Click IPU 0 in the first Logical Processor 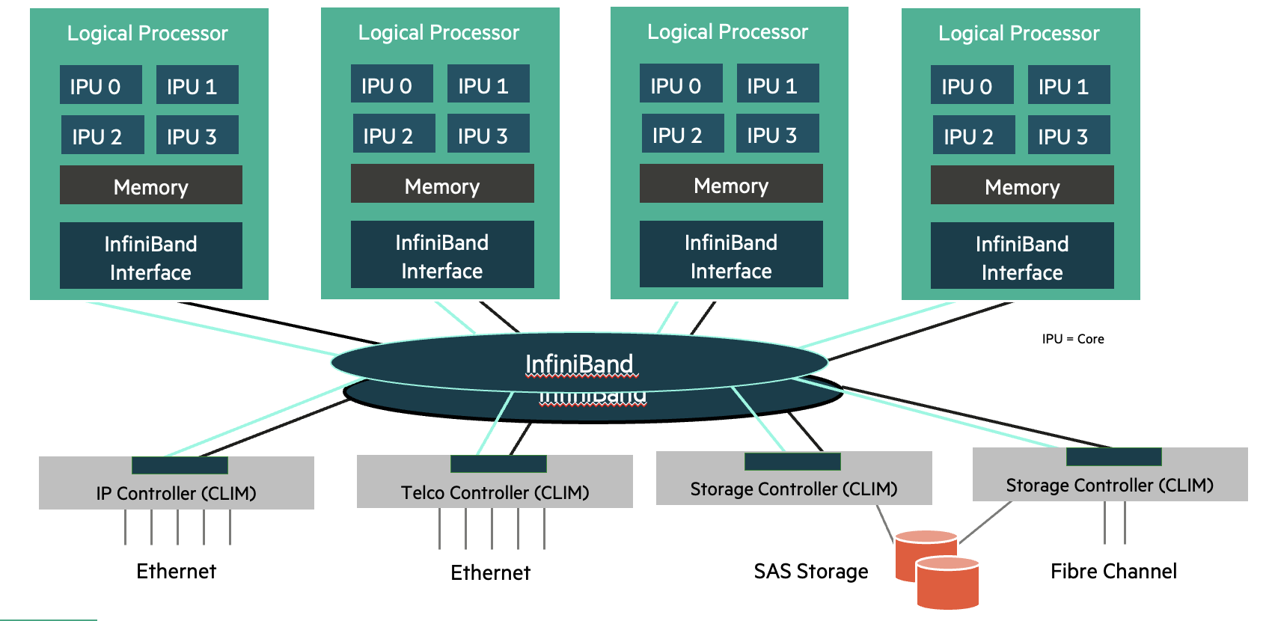point(100,85)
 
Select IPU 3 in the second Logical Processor point(488,135)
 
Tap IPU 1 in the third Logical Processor point(777,85)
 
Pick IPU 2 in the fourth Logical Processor point(973,135)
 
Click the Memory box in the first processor point(150,186)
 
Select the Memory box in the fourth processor point(1021,186)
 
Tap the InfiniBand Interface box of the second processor point(441,255)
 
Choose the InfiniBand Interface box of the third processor point(730,255)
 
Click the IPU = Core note point(1072,339)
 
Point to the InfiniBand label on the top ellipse point(578,364)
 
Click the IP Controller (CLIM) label point(176,493)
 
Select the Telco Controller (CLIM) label point(495,492)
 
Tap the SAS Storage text point(810,572)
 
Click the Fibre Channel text point(1113,572)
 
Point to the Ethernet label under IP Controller point(176,572)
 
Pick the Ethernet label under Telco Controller point(490,573)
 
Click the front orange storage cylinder point(947,585)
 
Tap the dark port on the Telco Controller point(498,464)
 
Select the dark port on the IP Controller point(180,465)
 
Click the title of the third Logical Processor point(727,32)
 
